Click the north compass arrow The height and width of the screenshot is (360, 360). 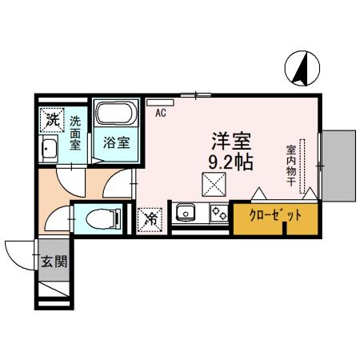(302, 68)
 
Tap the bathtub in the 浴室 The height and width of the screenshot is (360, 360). (115, 113)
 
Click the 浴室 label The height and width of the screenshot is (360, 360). (117, 144)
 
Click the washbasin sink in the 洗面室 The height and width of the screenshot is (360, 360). (49, 149)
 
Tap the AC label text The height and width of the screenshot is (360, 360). (160, 113)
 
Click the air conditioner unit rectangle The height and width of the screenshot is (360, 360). (154, 102)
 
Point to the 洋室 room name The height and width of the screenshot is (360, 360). (231, 141)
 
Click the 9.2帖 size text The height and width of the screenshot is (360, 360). (231, 161)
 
